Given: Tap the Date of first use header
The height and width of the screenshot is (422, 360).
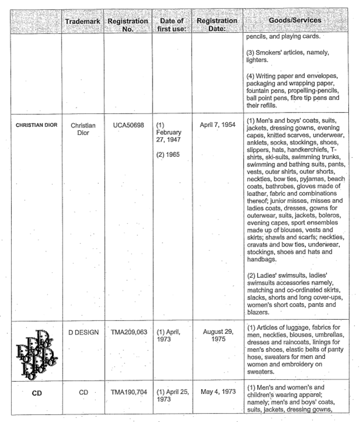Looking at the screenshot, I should (x=171, y=25).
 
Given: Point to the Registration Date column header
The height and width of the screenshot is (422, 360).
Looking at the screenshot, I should (x=216, y=25).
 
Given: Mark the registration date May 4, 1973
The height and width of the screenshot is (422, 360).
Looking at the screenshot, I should (x=216, y=395).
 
